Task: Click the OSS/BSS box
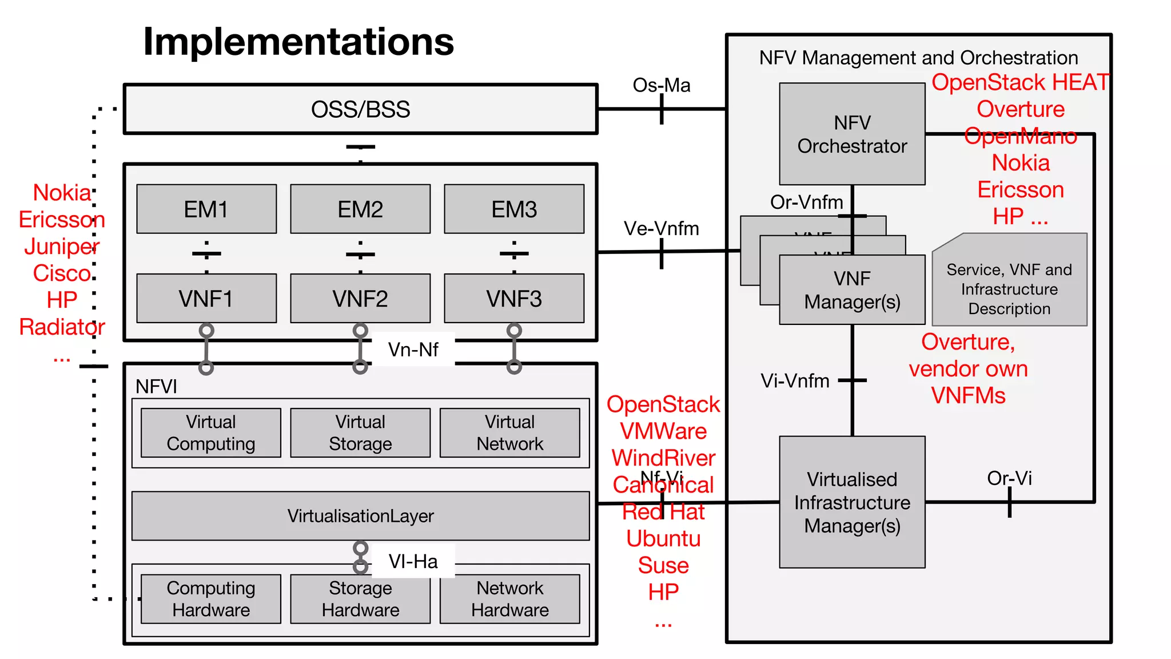pos(360,109)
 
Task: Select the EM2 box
pos(360,209)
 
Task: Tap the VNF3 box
pos(513,299)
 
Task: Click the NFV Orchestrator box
pos(852,134)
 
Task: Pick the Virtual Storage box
pos(360,432)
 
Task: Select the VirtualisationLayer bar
pos(360,515)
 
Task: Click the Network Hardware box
pos(509,599)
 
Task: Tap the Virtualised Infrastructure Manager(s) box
pos(852,502)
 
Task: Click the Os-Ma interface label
pos(662,85)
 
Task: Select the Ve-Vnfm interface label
pos(662,228)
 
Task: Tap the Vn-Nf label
pos(413,349)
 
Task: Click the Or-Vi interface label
pos(1009,478)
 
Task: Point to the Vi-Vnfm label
pos(795,380)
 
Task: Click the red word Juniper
pos(62,247)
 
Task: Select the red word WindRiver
pos(663,458)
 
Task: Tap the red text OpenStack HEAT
pos(1020,82)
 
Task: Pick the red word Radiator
pos(62,327)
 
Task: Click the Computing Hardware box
pos(211,599)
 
